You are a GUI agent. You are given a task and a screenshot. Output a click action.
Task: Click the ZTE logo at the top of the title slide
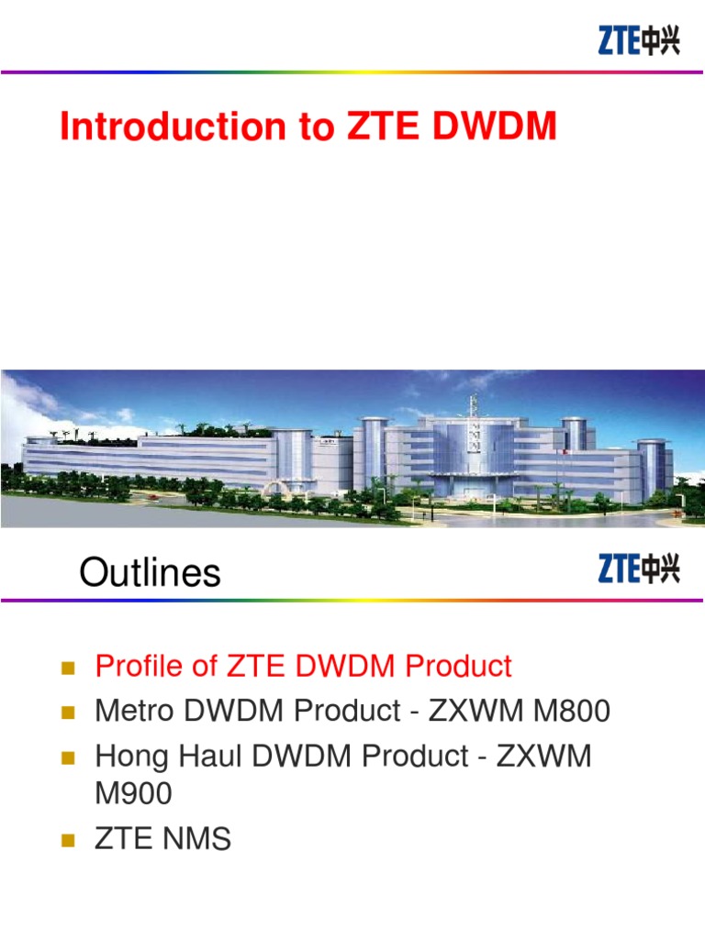pos(639,39)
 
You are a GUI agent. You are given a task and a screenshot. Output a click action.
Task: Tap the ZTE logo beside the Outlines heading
pos(639,568)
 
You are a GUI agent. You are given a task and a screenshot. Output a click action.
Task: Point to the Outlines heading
pos(150,573)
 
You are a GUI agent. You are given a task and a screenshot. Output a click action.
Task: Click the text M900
pos(134,794)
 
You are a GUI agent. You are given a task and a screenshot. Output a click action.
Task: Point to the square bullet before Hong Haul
pos(66,758)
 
